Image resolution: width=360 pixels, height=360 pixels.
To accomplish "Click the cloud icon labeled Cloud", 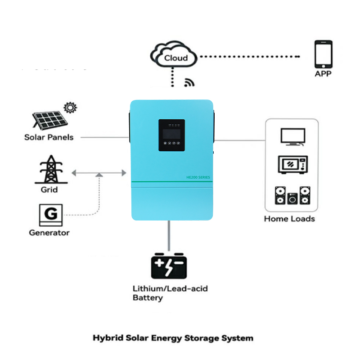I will pos(175,56).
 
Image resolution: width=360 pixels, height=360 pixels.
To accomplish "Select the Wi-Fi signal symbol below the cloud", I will pos(189,82).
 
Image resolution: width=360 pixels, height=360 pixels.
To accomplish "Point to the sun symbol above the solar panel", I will pos(71,108).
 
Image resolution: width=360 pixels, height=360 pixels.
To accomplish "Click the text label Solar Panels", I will pos(49,137).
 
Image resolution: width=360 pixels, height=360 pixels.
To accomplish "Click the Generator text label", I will pos(49,233).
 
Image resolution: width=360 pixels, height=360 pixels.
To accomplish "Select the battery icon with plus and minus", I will pos(169,266).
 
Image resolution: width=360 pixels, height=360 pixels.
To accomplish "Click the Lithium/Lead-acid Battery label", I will pos(170,293).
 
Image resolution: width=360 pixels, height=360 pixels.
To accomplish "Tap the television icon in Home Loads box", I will pos(292,137).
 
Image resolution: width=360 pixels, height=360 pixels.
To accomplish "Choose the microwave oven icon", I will pos(292,165).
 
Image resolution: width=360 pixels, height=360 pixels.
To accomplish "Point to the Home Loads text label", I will pos(289,219).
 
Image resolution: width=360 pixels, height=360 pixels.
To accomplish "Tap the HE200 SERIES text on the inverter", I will pos(198,177).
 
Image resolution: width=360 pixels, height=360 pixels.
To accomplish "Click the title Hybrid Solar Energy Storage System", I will pos(173,337).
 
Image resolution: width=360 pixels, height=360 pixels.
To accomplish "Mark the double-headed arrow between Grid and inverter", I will pos(99,172).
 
